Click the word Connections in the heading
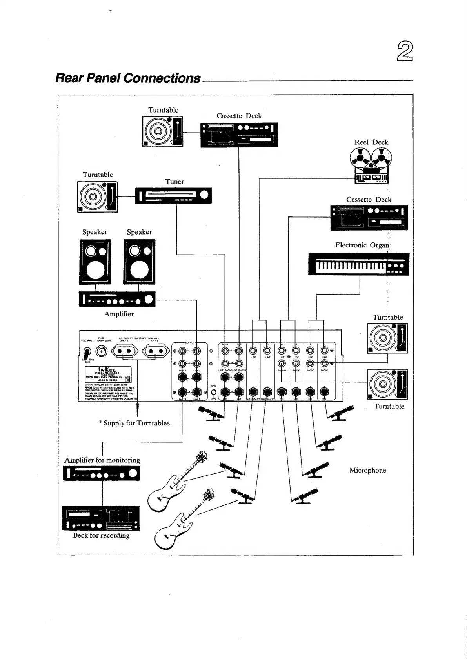pos(162,78)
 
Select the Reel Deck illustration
pos(371,166)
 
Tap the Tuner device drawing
pos(173,195)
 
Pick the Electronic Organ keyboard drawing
pos(359,264)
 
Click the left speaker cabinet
pos(96,262)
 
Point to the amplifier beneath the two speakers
pos(117,299)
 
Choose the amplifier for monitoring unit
pos(101,473)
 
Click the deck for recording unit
pos(101,518)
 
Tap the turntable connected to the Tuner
pos(97,196)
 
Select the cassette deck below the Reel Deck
pos(369,218)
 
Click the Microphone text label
pos(367,470)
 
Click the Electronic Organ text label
pos(362,245)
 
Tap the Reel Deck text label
pos(371,142)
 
